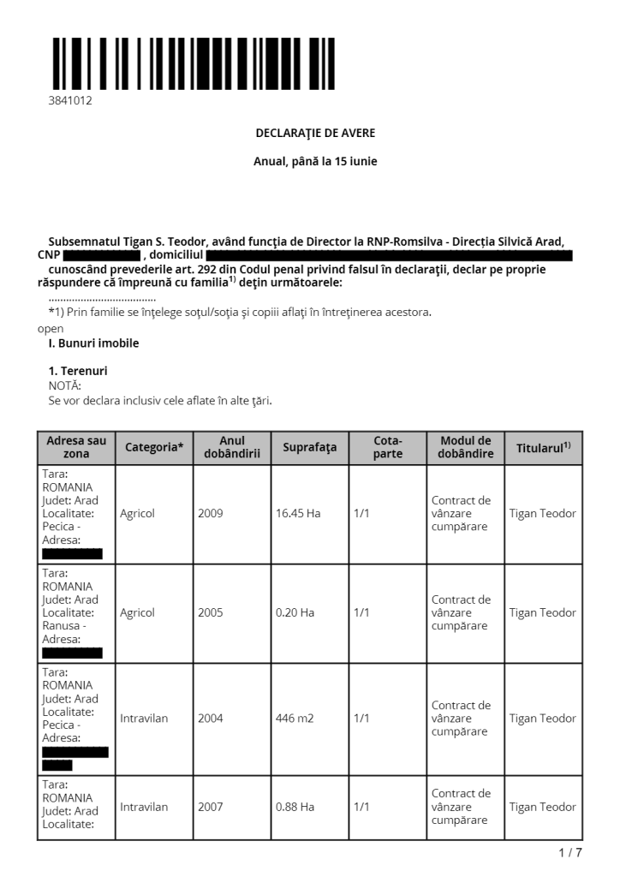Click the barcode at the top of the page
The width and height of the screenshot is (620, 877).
click(x=191, y=63)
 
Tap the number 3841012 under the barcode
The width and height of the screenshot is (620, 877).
click(x=70, y=100)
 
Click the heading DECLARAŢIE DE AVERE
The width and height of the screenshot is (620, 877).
click(x=315, y=133)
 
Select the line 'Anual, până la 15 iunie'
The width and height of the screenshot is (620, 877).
click(x=315, y=161)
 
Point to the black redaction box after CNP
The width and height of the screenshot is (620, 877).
click(x=101, y=255)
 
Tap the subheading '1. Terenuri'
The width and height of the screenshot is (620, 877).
click(x=78, y=371)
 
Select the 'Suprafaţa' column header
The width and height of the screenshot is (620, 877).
click(x=309, y=447)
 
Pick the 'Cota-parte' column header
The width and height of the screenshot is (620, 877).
click(x=387, y=447)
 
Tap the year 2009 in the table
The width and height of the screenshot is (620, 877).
click(x=210, y=513)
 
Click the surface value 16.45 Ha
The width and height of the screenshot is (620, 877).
click(x=298, y=513)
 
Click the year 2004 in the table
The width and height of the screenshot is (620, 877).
click(x=210, y=719)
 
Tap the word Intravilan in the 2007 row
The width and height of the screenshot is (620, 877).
click(x=144, y=807)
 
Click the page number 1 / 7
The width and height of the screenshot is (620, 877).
click(x=569, y=852)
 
